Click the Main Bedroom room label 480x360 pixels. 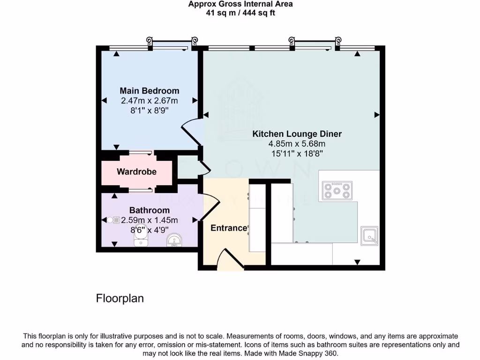(x=149, y=90)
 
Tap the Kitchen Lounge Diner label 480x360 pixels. (x=297, y=134)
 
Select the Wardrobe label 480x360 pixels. (x=136, y=172)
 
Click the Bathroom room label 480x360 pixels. (x=150, y=210)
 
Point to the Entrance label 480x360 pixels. (x=229, y=228)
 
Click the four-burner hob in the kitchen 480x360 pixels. (x=337, y=190)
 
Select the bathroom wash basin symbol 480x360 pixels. (x=175, y=240)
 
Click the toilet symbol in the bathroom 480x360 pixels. (x=141, y=240)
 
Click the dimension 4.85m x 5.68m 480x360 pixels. (x=297, y=143)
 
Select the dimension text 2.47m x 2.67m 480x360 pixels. (x=149, y=100)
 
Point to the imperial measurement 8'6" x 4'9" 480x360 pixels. (x=149, y=230)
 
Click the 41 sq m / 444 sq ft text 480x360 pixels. (x=240, y=13)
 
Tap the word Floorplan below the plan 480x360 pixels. (x=120, y=298)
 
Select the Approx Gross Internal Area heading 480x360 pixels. (x=240, y=4)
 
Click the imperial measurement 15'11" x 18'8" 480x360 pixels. (x=297, y=153)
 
